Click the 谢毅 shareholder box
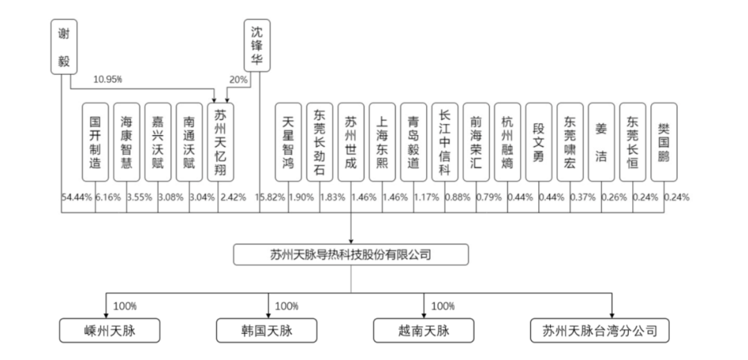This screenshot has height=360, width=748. [64, 46]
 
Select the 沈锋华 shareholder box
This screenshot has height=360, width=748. [257, 46]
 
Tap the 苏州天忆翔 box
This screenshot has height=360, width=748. [220, 142]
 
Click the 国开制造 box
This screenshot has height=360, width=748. [96, 142]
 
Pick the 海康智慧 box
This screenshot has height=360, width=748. [127, 142]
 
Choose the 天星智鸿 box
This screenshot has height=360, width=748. [288, 142]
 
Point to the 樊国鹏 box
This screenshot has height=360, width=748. [664, 142]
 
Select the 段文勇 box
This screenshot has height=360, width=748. [539, 142]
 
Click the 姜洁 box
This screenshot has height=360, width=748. [601, 142]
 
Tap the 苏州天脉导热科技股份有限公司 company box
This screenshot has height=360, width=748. [350, 255]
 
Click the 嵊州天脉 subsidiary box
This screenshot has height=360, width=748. [109, 330]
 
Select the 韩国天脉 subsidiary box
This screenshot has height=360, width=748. [267, 330]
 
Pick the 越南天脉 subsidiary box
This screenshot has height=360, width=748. [424, 330]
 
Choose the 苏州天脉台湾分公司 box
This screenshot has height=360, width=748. [600, 330]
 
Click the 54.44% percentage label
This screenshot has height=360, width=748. [77, 197]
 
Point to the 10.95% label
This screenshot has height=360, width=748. [107, 80]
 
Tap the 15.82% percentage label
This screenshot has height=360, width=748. [270, 197]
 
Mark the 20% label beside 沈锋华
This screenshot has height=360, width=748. [238, 80]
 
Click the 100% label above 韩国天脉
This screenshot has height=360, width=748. [287, 305]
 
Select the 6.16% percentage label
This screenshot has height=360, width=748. [108, 197]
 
